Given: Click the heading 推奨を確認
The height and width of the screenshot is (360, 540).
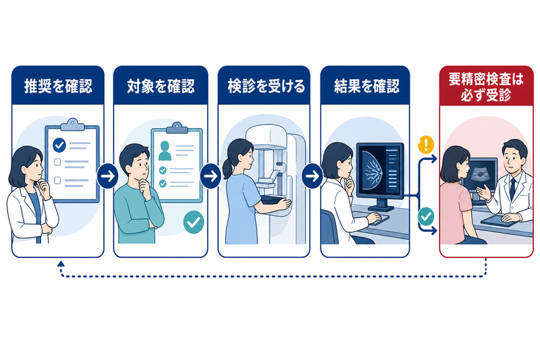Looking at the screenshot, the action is tap(58, 86).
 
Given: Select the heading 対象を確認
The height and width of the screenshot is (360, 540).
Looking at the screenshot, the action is tap(161, 86).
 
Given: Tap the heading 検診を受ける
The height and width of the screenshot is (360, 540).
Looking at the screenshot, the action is tap(266, 86).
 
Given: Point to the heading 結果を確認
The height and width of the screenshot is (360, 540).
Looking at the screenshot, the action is tap(367, 86).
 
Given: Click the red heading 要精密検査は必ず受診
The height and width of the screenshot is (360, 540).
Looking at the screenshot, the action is tap(486, 87).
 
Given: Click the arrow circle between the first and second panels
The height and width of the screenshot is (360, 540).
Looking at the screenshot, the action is tap(107, 176).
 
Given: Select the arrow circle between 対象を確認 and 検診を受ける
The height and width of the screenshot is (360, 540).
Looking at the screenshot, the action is tap(211, 176).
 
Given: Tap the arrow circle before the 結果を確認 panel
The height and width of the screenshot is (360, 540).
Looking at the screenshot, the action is tap(313, 176).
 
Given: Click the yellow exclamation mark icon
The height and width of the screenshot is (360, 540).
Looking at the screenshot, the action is tap(426, 145).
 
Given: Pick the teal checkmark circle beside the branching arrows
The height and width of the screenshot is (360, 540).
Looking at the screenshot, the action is tap(426, 216).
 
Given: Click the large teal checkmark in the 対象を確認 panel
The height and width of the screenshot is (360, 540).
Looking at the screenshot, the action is tap(194, 222).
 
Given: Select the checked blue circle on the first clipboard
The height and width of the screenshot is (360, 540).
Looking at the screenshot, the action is tap(59, 145).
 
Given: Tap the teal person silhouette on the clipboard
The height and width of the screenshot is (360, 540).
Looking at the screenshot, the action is tap(165, 151).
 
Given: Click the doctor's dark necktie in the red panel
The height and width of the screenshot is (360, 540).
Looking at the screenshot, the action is tap(513, 189).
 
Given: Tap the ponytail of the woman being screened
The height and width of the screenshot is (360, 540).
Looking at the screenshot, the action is tap(227, 168).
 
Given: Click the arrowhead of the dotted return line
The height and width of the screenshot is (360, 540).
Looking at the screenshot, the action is tap(61, 264).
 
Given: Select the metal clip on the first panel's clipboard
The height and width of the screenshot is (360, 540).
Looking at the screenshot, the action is tap(72, 125).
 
